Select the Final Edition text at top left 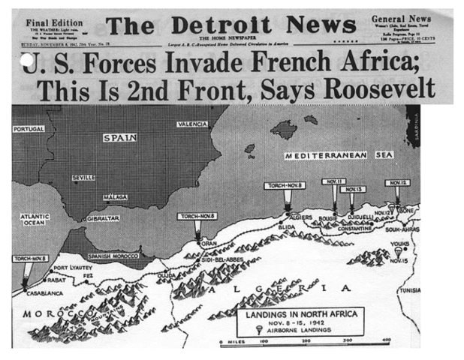pyautogui.click(x=53, y=22)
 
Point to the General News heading pyautogui.click(x=403, y=18)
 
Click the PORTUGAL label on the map pyautogui.click(x=28, y=129)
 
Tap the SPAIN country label pyautogui.click(x=118, y=138)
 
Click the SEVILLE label pyautogui.click(x=83, y=178)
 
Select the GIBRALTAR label pyautogui.click(x=102, y=218)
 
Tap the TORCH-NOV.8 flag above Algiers pyautogui.click(x=284, y=185)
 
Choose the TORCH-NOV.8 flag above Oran pyautogui.click(x=197, y=217)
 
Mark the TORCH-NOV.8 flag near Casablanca pyautogui.click(x=29, y=259)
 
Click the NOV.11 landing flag pyautogui.click(x=333, y=181)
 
